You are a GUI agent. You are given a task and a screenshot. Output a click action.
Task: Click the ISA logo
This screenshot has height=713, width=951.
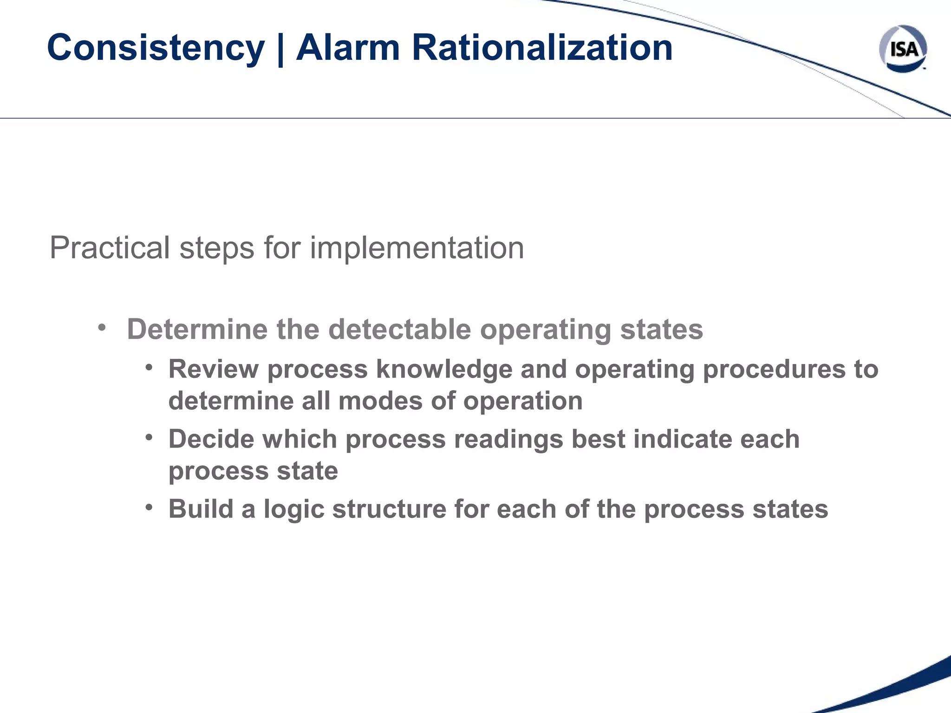coord(903,48)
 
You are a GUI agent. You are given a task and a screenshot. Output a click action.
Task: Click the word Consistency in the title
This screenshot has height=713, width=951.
coord(156,48)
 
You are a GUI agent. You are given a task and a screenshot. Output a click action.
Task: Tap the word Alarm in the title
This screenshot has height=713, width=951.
coord(348,48)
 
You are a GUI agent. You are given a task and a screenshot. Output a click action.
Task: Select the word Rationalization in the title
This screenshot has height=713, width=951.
coord(542,48)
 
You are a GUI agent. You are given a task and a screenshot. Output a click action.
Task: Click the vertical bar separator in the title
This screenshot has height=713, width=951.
coord(280,49)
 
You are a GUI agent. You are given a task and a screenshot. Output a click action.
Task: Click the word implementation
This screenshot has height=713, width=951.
coord(417,248)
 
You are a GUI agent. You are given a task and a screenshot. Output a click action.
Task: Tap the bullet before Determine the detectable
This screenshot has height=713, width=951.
coord(102,328)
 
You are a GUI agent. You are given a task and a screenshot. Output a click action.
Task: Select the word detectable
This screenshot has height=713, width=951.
coord(399,329)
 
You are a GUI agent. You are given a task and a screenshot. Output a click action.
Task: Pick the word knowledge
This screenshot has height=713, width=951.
coord(444,369)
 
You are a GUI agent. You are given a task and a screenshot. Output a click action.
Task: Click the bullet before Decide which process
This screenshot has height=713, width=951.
coord(149,437)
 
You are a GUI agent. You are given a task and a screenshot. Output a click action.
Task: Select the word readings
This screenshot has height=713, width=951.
coord(508,439)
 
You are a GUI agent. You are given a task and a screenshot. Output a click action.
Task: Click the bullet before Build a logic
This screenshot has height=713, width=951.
coord(149,507)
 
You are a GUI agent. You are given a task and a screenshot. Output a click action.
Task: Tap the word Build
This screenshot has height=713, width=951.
coord(201,509)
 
